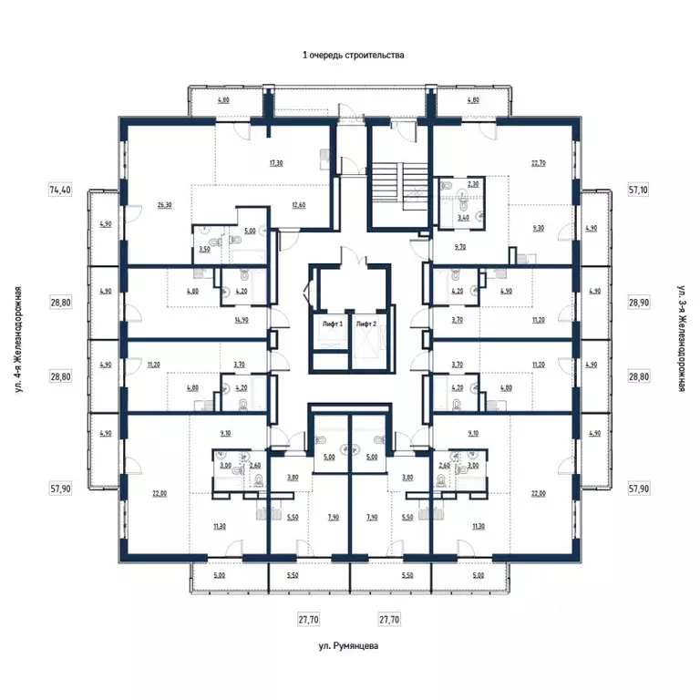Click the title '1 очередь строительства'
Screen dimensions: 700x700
353,55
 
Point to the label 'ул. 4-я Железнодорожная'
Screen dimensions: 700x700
17,339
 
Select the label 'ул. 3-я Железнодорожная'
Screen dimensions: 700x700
681,339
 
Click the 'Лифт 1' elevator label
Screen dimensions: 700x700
331,324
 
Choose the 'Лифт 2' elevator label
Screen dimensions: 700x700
366,324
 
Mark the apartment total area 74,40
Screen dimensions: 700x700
60,190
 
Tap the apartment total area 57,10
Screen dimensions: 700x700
639,190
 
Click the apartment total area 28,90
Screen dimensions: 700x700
639,301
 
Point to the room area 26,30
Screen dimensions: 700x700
164,205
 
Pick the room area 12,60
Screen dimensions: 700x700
299,205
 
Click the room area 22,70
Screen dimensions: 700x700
538,164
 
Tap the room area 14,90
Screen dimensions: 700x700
242,320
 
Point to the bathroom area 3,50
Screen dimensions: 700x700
205,248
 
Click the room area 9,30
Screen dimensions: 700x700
538,230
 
